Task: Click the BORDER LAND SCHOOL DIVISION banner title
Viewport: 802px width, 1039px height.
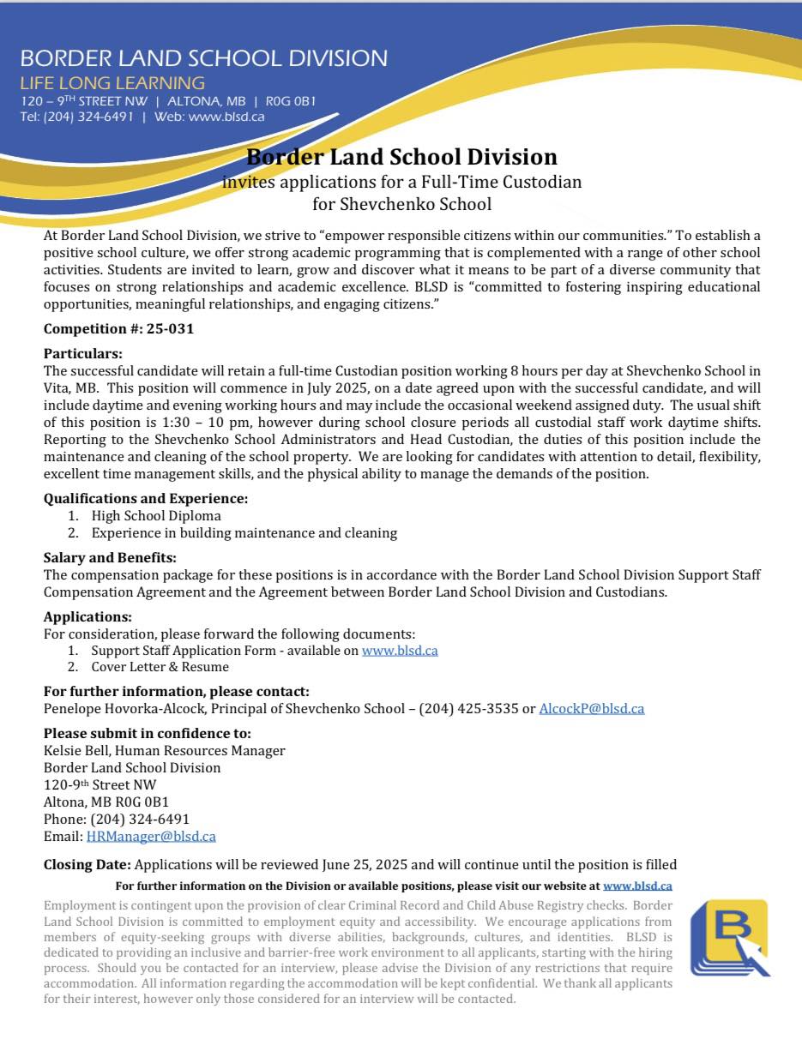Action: click(x=203, y=58)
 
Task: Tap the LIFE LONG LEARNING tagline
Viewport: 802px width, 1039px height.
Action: click(x=112, y=83)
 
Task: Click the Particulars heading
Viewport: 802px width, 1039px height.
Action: click(x=83, y=353)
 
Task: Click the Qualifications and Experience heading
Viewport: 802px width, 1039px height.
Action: click(x=146, y=498)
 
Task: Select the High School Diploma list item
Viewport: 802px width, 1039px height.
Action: click(x=156, y=516)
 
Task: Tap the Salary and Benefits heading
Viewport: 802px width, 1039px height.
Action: click(x=110, y=557)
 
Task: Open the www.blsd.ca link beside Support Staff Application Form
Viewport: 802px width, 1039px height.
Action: click(x=400, y=651)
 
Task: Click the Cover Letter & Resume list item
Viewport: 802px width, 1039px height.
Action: click(x=160, y=667)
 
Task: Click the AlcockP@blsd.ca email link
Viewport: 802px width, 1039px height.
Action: click(x=591, y=709)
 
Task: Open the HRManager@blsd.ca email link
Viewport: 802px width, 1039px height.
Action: click(x=151, y=836)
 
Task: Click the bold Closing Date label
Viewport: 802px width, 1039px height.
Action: click(x=87, y=865)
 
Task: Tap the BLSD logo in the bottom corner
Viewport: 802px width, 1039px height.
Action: click(x=729, y=938)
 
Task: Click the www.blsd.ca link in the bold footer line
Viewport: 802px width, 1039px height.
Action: click(x=637, y=886)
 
